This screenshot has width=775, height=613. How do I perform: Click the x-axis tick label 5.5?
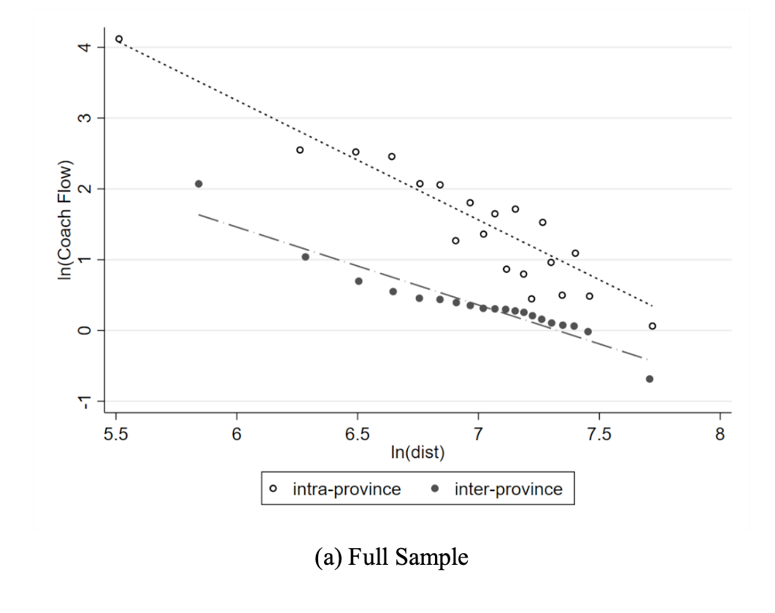pyautogui.click(x=116, y=433)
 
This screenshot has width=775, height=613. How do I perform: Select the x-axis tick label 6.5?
pyautogui.click(x=358, y=433)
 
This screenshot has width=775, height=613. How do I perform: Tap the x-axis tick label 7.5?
pyautogui.click(x=598, y=433)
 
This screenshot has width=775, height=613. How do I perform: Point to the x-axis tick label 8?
pyautogui.click(x=720, y=433)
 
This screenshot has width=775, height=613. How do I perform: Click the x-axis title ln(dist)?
pyautogui.click(x=417, y=452)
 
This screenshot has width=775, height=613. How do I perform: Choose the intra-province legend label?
pyautogui.click(x=347, y=489)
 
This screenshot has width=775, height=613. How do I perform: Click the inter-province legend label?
pyautogui.click(x=509, y=489)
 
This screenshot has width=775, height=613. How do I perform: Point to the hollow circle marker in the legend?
pyautogui.click(x=280, y=489)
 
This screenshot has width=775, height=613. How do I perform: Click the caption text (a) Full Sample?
pyautogui.click(x=391, y=558)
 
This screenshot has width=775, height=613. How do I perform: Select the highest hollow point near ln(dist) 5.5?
pyautogui.click(x=119, y=39)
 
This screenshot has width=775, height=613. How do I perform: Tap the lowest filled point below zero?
pyautogui.click(x=649, y=379)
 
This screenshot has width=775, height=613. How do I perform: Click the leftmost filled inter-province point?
pyautogui.click(x=198, y=184)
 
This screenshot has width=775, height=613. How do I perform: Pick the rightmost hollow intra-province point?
pyautogui.click(x=652, y=326)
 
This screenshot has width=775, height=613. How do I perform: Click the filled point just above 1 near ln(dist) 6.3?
pyautogui.click(x=305, y=257)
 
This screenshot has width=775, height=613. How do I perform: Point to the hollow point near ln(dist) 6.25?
pyautogui.click(x=300, y=150)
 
